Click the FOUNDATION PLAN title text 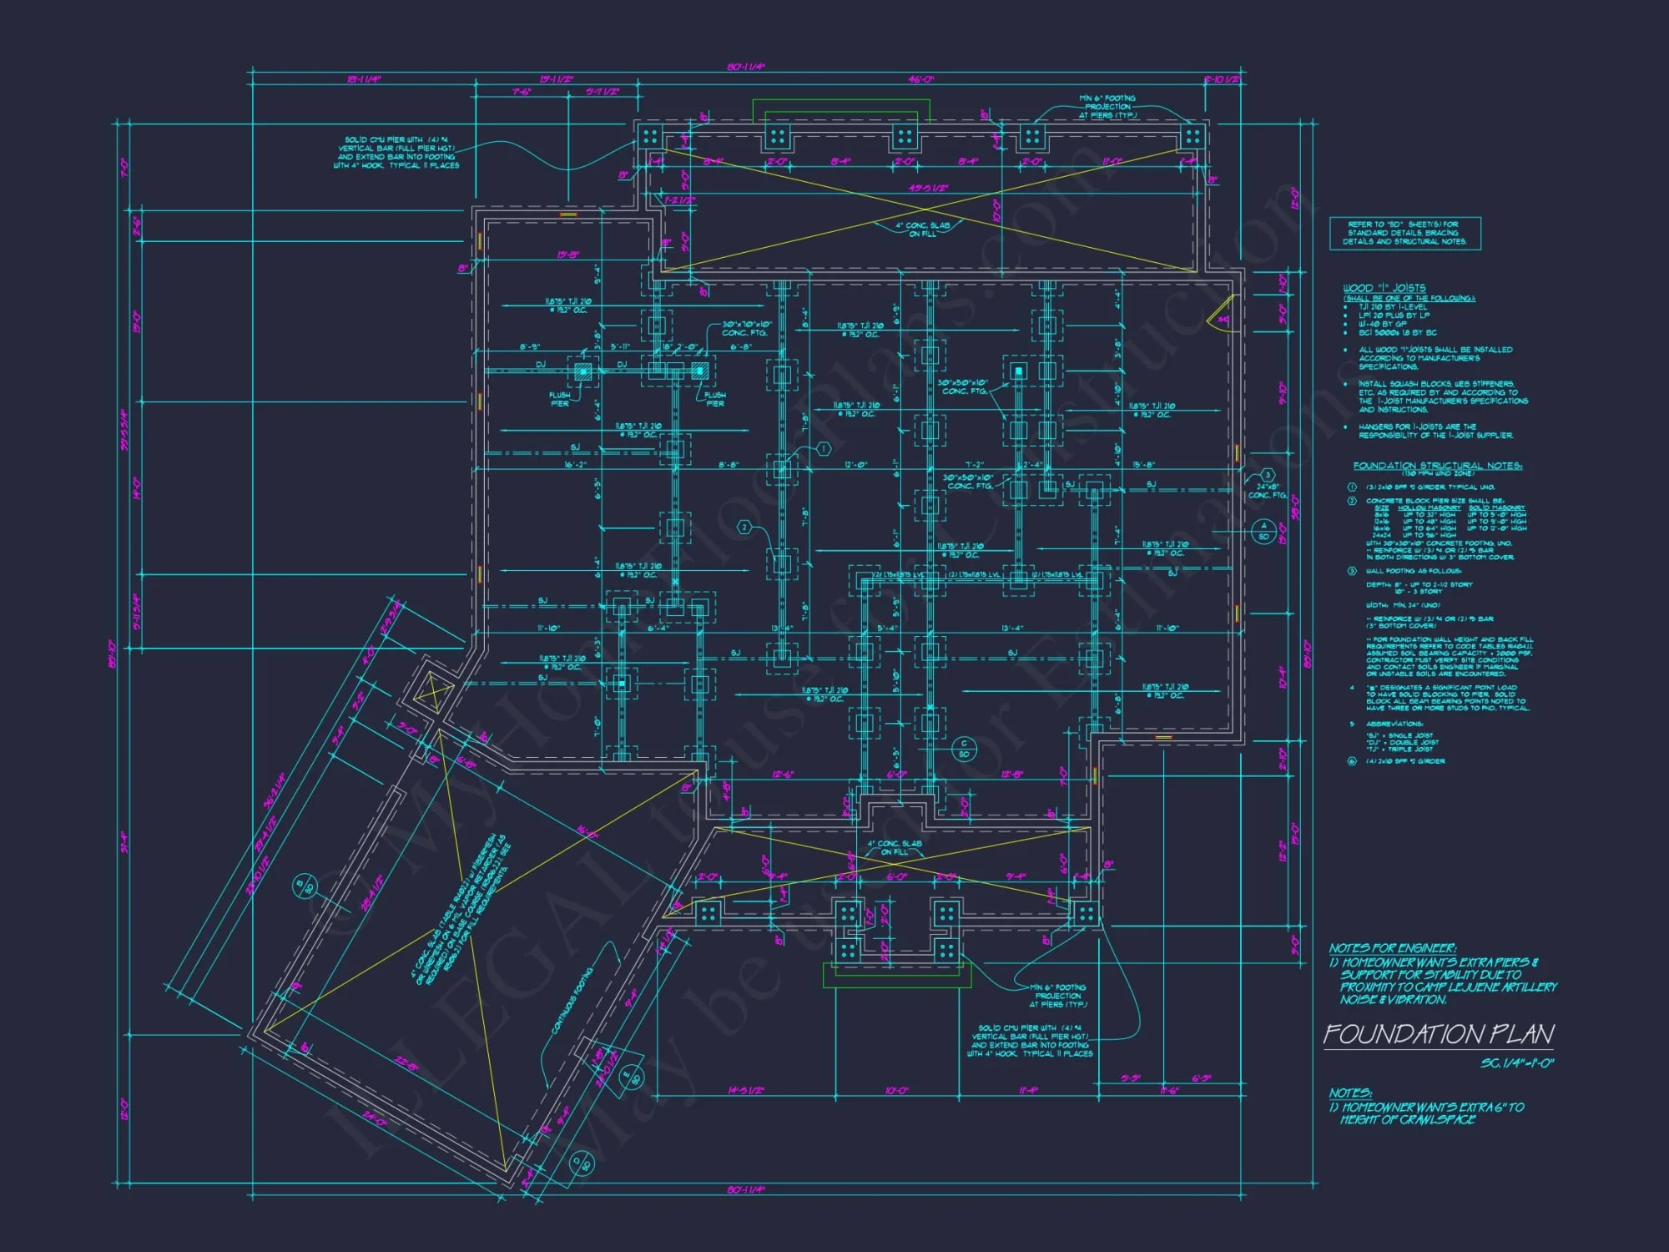[1438, 1034]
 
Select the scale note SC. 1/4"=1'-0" [1516, 1063]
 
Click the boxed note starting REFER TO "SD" [1404, 233]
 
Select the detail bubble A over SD [1263, 531]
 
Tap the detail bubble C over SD [964, 749]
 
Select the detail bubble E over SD [632, 1075]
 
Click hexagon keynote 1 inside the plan [824, 449]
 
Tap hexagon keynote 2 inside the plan [745, 528]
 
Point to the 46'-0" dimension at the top [920, 79]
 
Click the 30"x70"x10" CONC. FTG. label [747, 328]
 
